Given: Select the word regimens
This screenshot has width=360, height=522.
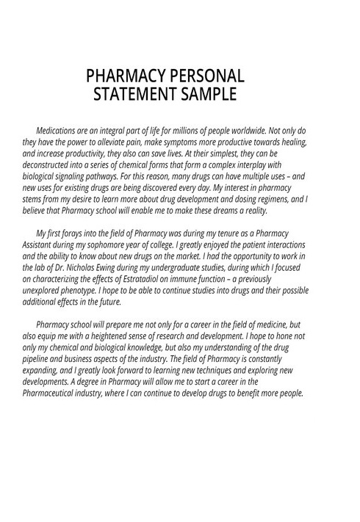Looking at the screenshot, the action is click(275, 198).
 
